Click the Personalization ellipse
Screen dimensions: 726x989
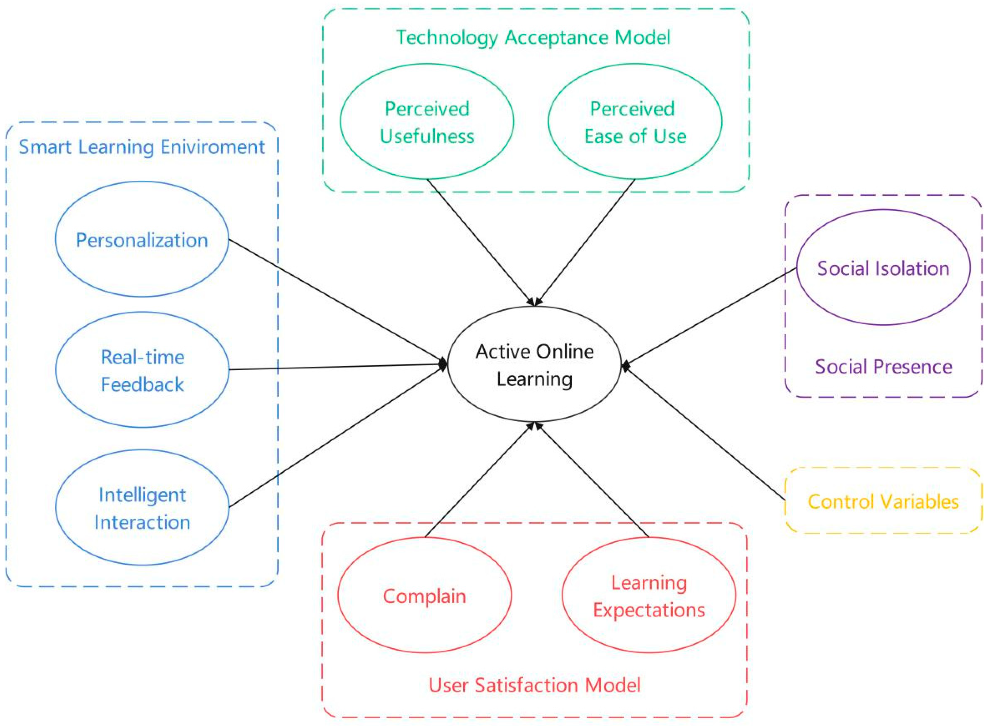(142, 239)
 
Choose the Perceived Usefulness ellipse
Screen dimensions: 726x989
(427, 122)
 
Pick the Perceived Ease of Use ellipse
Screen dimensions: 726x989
(635, 122)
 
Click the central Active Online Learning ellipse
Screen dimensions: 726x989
(534, 364)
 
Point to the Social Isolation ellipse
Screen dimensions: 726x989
(883, 268)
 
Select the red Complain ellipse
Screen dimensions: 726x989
(424, 596)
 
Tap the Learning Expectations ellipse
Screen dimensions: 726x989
(649, 596)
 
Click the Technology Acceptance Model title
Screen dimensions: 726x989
(533, 37)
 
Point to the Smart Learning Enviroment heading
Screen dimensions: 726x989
(142, 147)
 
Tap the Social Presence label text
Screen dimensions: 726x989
(883, 367)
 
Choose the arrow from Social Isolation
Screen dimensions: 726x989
(709, 316)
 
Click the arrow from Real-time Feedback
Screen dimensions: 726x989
(336, 367)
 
